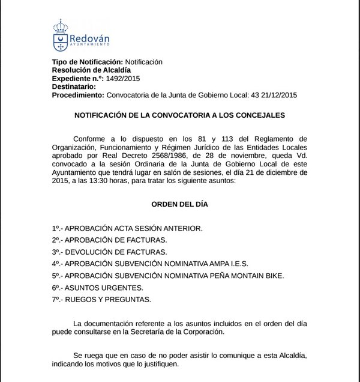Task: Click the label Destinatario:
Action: pyautogui.click(x=78, y=86)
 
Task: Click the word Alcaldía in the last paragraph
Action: pyautogui.click(x=290, y=356)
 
